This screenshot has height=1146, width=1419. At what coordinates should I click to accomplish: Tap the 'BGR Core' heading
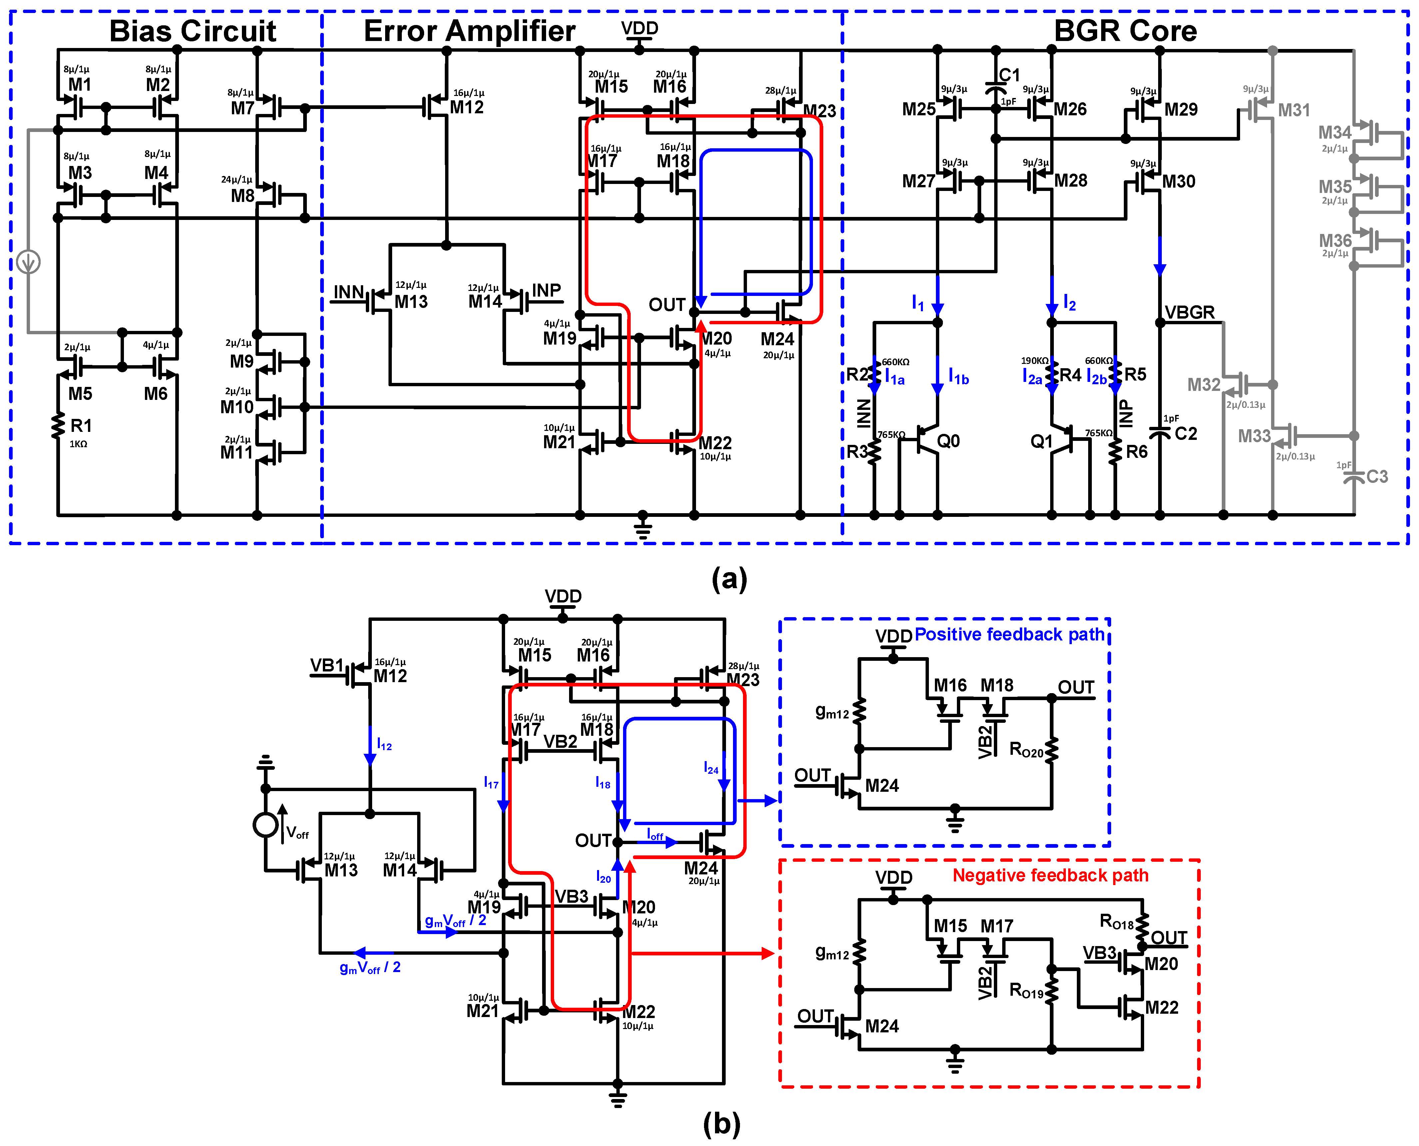coord(1125,31)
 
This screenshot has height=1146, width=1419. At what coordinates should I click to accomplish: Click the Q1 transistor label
coord(1042,441)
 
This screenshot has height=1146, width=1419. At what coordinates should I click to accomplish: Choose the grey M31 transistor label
coord(1294,110)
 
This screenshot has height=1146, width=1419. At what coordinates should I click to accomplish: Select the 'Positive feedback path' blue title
coord(1009,634)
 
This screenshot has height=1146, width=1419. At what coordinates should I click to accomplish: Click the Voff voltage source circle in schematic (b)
coord(265,824)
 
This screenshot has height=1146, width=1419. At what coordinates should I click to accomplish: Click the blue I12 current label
coord(384,745)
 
